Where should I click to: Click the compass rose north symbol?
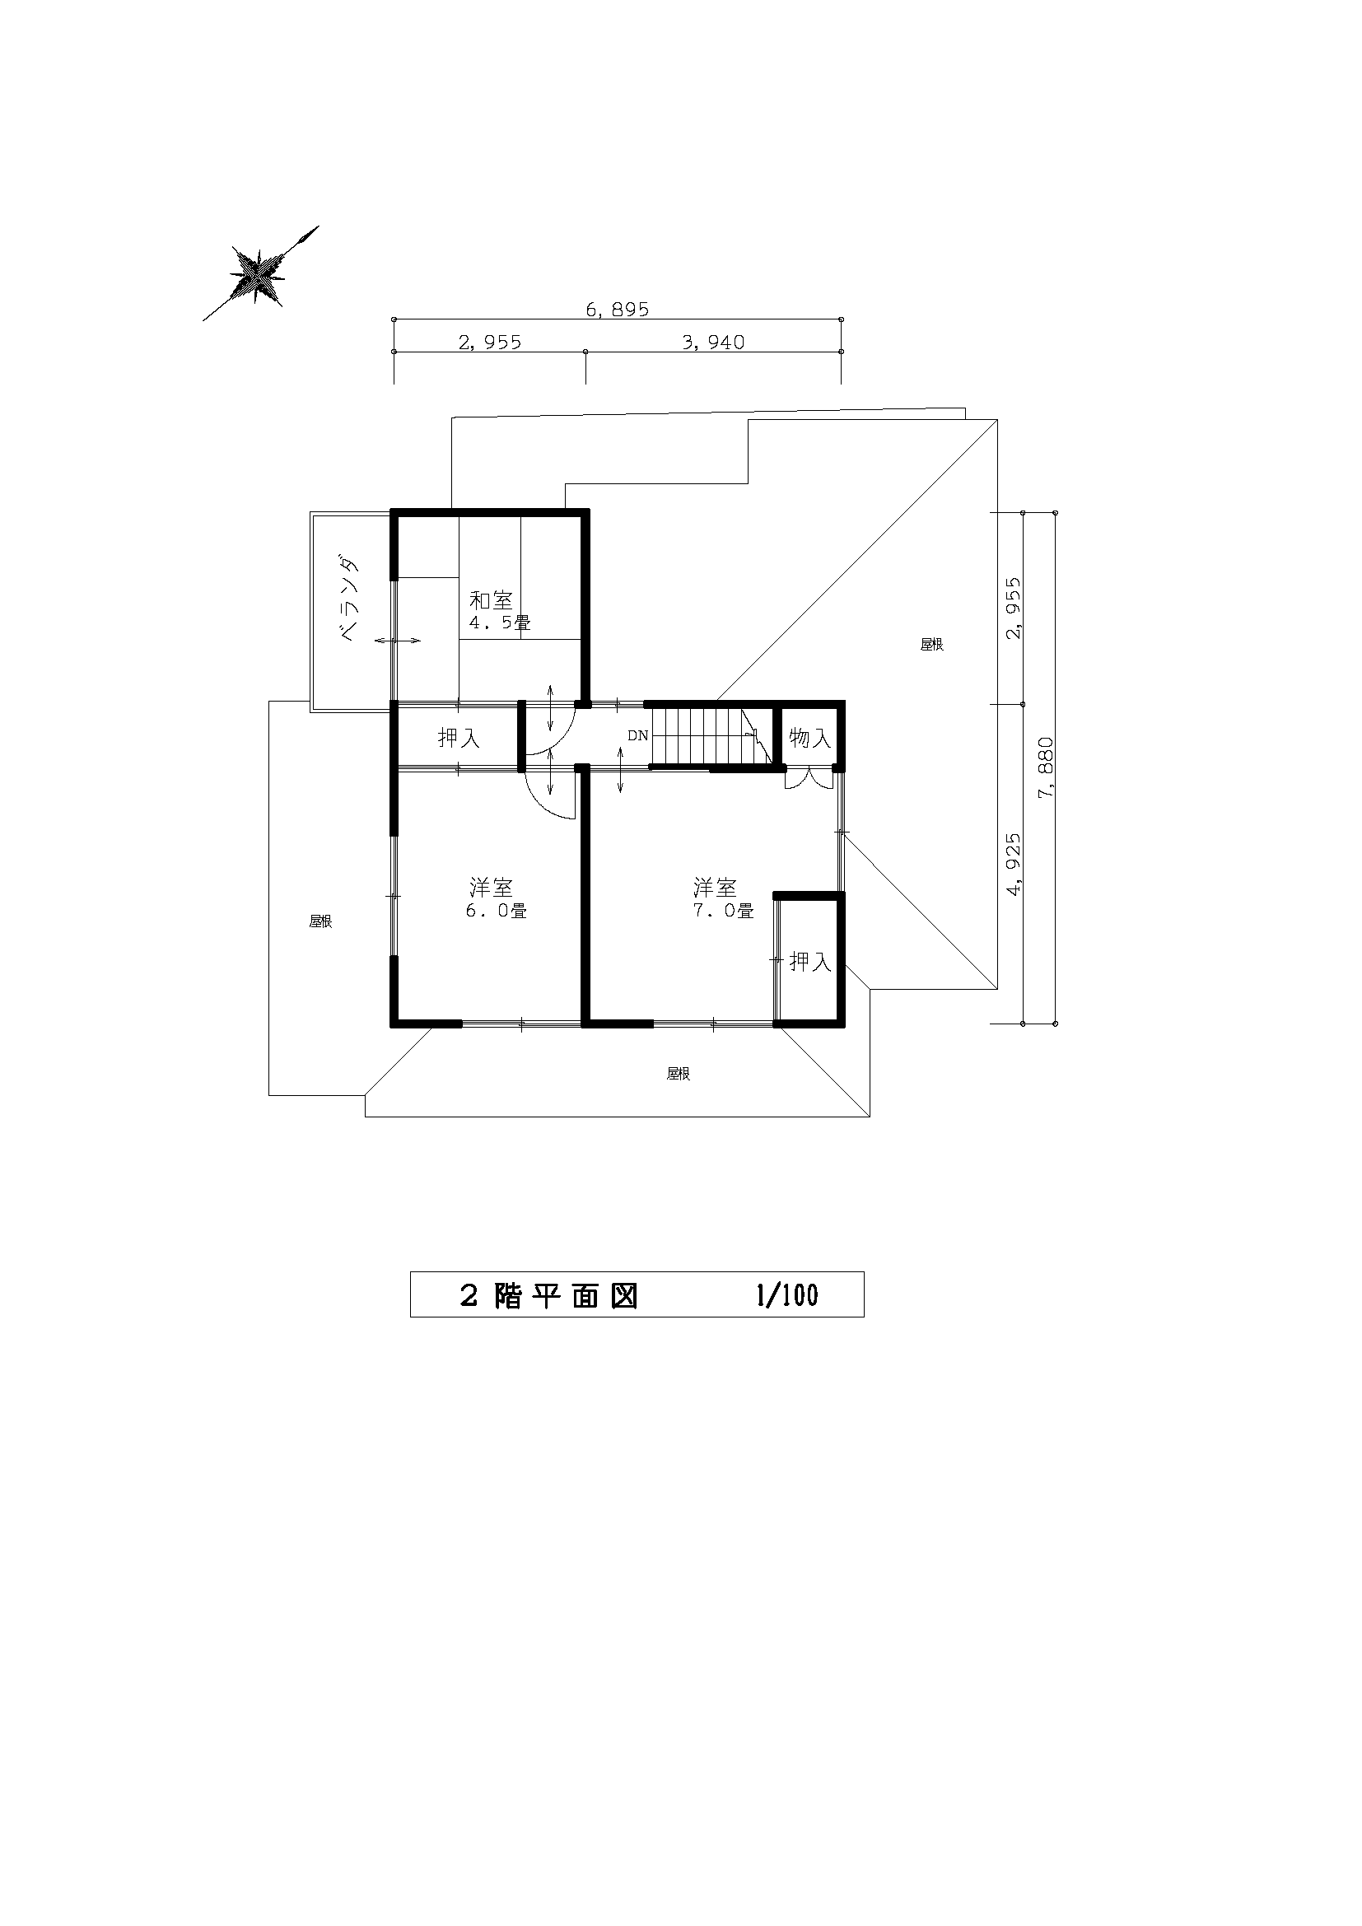pyautogui.click(x=261, y=273)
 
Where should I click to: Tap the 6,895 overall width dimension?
pyautogui.click(x=618, y=310)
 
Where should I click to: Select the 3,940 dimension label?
pyautogui.click(x=713, y=343)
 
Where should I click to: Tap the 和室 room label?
pyautogui.click(x=491, y=600)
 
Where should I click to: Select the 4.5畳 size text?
pyautogui.click(x=499, y=623)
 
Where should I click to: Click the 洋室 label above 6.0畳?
pyautogui.click(x=491, y=887)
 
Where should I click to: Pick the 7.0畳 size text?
pyautogui.click(x=723, y=910)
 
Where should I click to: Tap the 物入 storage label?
pyautogui.click(x=810, y=738)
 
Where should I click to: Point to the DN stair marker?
pyautogui.click(x=638, y=735)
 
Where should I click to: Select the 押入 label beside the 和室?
pyautogui.click(x=459, y=738)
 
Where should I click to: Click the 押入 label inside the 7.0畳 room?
pyautogui.click(x=810, y=961)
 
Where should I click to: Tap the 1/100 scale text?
pyautogui.click(x=786, y=1296)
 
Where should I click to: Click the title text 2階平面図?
pyautogui.click(x=549, y=1297)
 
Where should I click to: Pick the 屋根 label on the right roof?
pyautogui.click(x=932, y=644)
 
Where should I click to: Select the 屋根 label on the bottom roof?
pyautogui.click(x=679, y=1074)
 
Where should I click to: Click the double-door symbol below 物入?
pyautogui.click(x=810, y=779)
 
